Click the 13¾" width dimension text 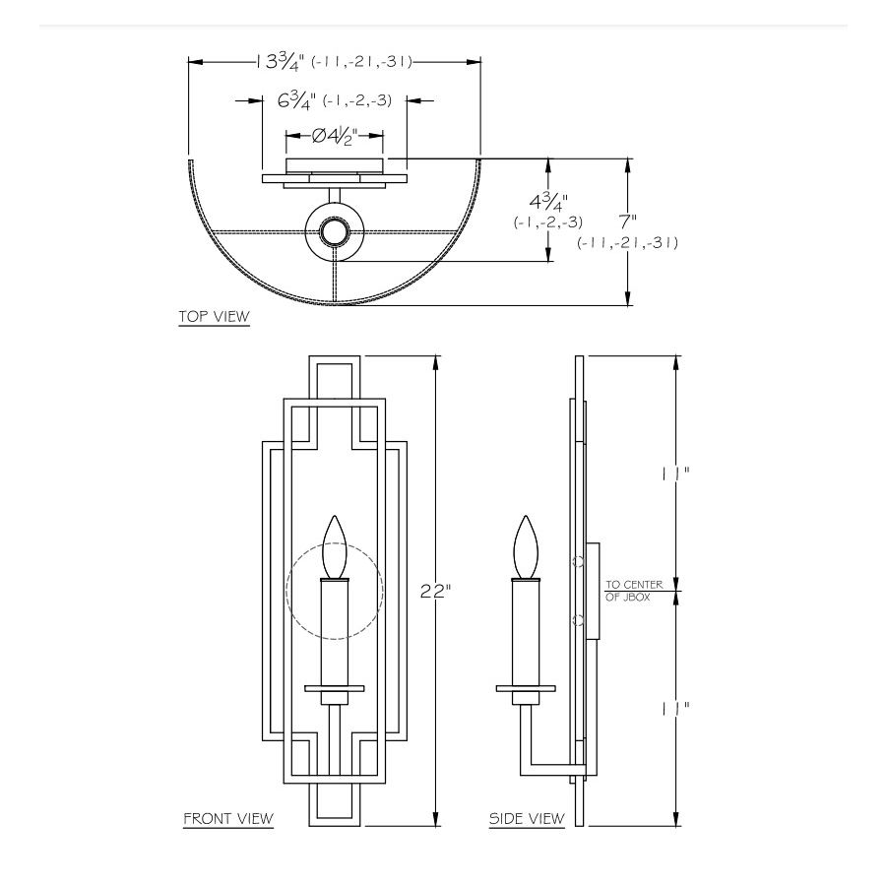(x=280, y=61)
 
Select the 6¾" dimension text (x=292, y=99)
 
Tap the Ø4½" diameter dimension (x=334, y=136)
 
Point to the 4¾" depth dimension (x=547, y=205)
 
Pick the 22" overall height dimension (x=434, y=592)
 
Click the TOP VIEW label (x=214, y=317)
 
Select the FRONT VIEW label (x=228, y=818)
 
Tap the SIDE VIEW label (x=527, y=818)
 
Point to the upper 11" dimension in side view (x=675, y=473)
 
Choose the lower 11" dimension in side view (x=675, y=707)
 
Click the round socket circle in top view (x=334, y=232)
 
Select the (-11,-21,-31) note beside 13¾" (x=360, y=61)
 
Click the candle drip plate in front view (x=335, y=687)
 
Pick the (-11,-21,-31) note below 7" (x=628, y=242)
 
